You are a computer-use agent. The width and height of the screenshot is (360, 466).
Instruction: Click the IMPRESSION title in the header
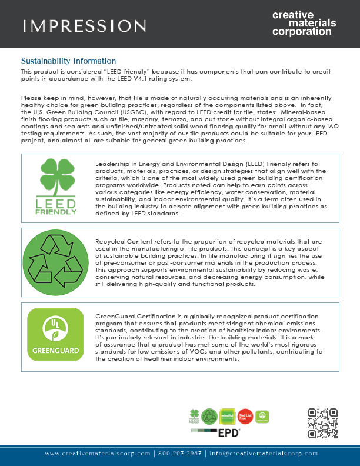coord(84,25)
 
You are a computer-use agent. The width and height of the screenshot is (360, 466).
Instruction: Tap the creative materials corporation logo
coord(304,23)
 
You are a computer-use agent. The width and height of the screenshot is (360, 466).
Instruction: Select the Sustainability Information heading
coord(68,61)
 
